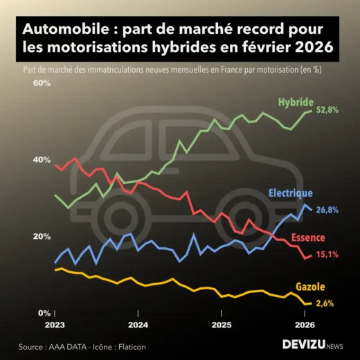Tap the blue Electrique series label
coord(289,193)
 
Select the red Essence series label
coord(307,238)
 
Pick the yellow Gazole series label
coord(310,287)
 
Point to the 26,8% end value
coord(327,210)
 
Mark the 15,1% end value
coord(327,255)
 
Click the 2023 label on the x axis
coord(55,324)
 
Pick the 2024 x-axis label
coord(138,324)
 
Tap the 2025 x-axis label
coord(221,324)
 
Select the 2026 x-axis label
coord(305,324)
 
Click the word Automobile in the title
coord(62,30)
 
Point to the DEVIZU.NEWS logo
coord(312,344)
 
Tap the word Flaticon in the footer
coord(130,346)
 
